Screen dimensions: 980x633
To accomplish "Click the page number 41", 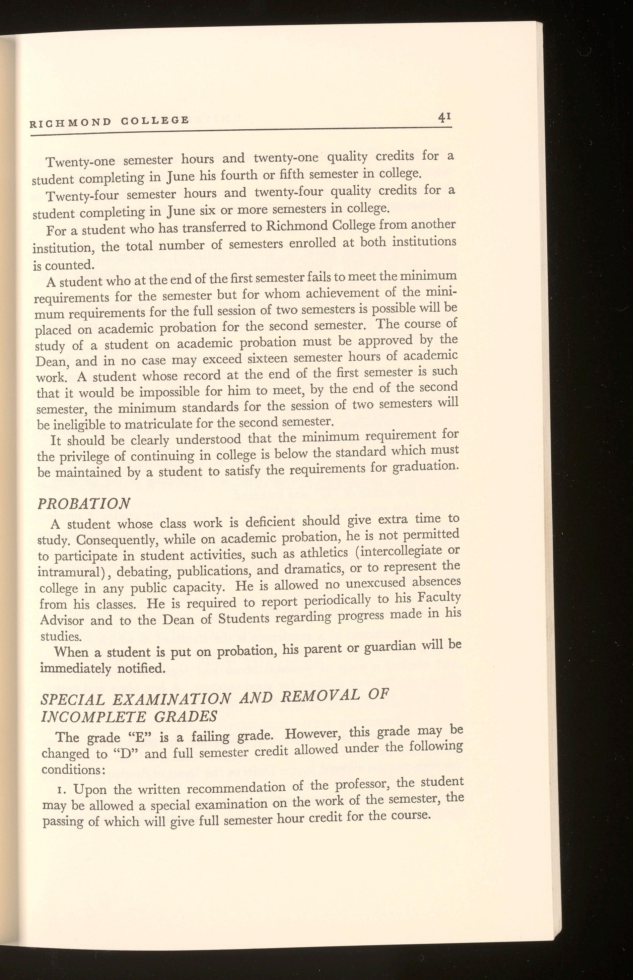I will pos(444,118).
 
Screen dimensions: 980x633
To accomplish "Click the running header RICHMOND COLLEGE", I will pos(110,121).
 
